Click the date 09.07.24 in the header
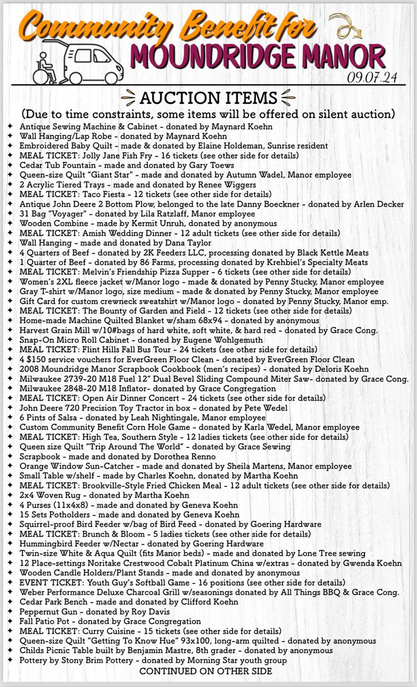[372, 77]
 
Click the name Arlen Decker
[378, 204]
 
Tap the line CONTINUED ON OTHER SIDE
[206, 671]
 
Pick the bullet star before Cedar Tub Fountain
[10, 165]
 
